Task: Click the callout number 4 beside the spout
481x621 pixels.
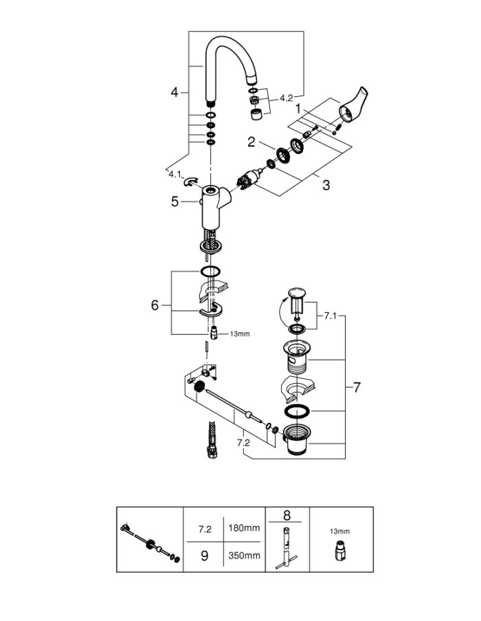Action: point(175,93)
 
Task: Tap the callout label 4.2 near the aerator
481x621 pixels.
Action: point(286,98)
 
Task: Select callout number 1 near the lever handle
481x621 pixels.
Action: point(299,108)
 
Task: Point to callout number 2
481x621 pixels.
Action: point(251,142)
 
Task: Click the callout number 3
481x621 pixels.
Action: point(326,185)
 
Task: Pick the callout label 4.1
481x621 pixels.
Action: point(175,174)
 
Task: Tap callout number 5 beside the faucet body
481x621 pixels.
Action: point(175,201)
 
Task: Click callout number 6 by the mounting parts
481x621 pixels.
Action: point(155,305)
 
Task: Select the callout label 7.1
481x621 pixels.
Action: point(330,316)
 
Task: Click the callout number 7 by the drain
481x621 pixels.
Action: point(357,387)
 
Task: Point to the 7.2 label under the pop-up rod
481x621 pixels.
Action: point(244,443)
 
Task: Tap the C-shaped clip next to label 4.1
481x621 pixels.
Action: point(190,181)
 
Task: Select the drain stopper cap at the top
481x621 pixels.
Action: point(296,294)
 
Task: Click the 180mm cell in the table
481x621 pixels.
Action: point(244,528)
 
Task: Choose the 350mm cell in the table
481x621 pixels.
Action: point(244,555)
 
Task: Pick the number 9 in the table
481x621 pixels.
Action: point(204,556)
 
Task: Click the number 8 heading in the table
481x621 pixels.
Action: point(287,515)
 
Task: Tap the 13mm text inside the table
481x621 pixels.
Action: point(340,532)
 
